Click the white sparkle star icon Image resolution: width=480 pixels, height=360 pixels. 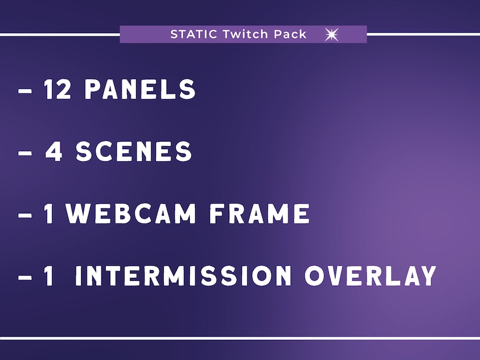click(331, 34)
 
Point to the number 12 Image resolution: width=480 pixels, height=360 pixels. click(59, 90)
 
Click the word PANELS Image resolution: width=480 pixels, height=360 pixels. click(140, 90)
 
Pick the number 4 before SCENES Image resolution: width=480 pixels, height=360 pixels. click(55, 152)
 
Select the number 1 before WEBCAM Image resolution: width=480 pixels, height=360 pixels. click(50, 214)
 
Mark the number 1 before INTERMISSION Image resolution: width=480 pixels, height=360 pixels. click(50, 277)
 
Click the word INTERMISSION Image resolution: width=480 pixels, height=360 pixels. click(183, 277)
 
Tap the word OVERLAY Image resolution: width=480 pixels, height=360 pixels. click(370, 277)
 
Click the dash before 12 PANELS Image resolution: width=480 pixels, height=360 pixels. click(25, 91)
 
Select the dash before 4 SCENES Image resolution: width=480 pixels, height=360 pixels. click(25, 153)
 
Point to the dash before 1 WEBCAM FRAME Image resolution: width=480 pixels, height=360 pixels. click(25, 216)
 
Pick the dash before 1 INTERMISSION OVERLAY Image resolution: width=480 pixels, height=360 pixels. click(25, 278)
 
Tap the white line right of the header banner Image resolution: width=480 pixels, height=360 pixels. click(423, 34)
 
